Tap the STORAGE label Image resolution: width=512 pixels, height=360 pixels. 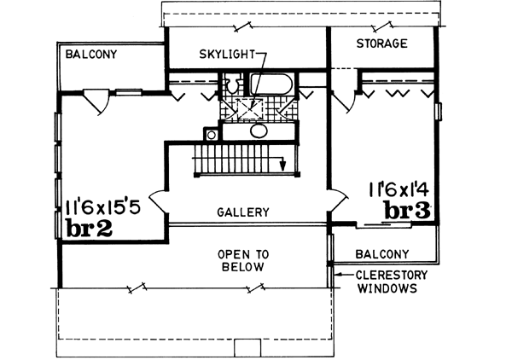click(x=381, y=43)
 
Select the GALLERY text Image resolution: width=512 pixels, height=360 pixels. click(x=243, y=212)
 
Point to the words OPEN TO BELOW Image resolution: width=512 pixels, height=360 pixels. click(x=242, y=260)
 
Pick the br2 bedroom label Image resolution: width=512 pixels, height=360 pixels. click(x=90, y=228)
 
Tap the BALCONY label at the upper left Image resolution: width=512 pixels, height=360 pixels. click(x=91, y=54)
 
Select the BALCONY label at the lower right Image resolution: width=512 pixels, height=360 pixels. click(x=383, y=253)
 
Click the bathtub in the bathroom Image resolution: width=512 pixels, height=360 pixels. click(x=271, y=85)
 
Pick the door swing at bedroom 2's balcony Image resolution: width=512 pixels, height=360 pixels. click(x=96, y=103)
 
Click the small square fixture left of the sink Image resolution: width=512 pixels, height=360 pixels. click(x=210, y=134)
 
